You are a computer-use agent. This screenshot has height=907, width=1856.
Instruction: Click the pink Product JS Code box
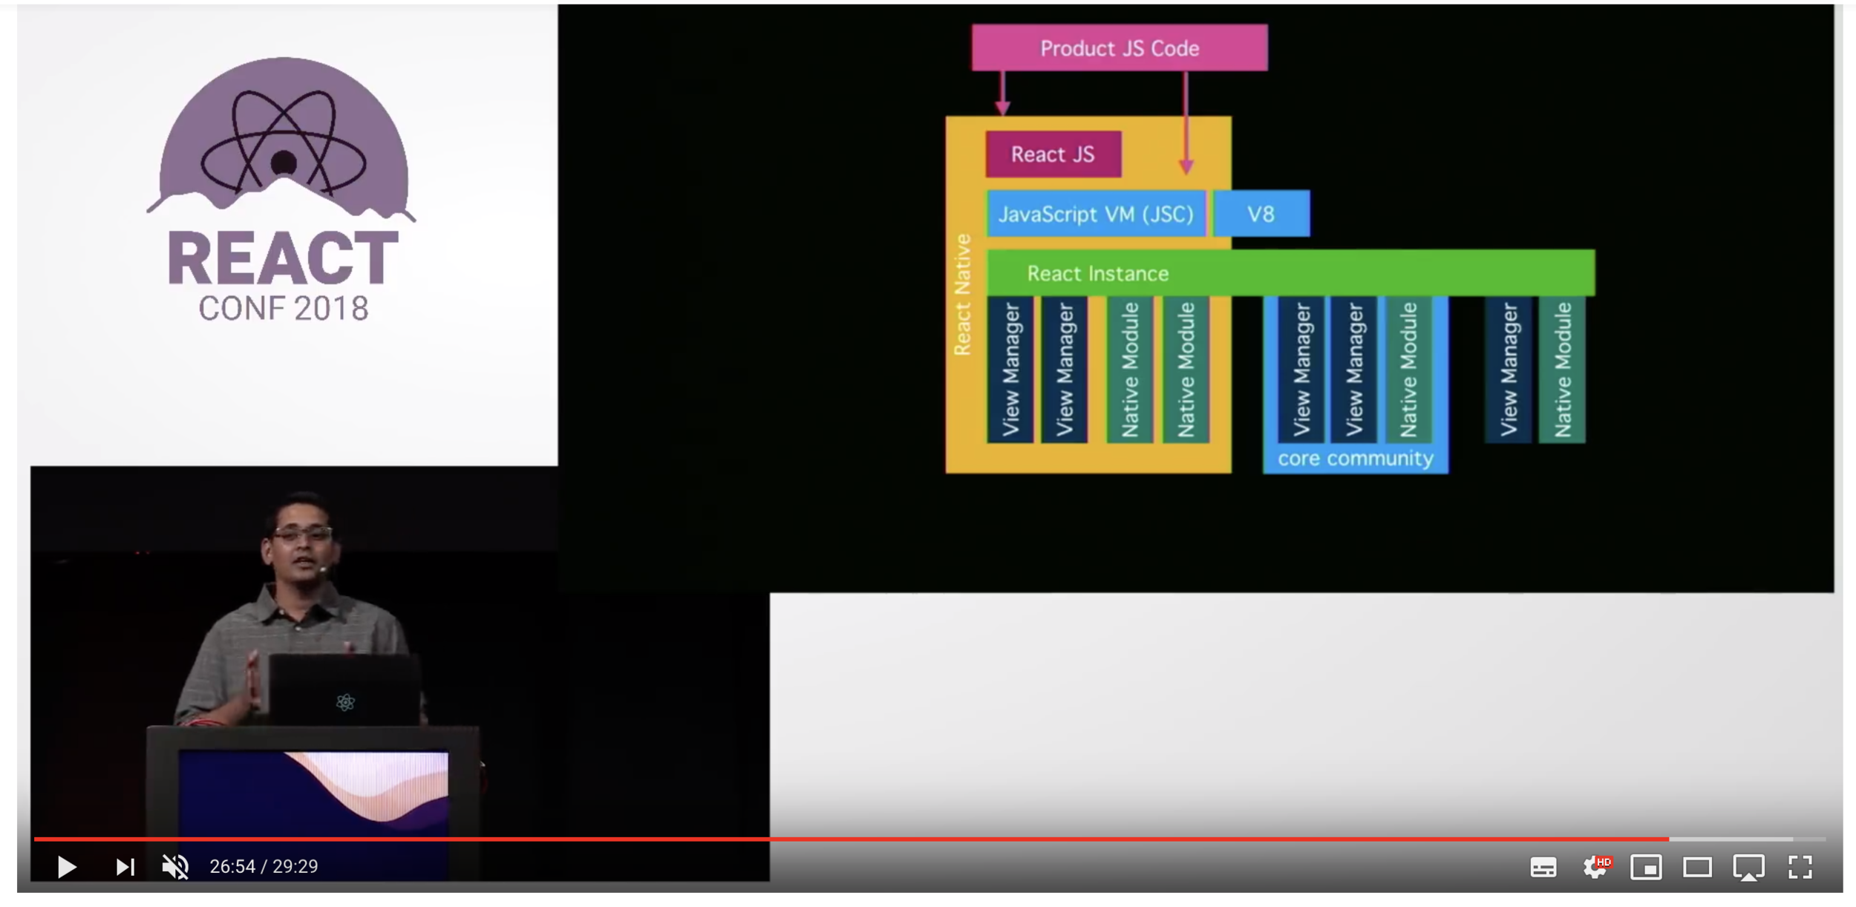click(1119, 48)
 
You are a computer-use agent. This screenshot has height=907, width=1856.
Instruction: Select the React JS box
click(1053, 154)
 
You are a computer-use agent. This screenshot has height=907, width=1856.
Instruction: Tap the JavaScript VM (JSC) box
click(1095, 215)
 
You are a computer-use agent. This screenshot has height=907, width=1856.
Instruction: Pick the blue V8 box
click(1261, 215)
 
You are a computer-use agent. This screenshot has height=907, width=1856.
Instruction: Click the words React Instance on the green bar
click(1097, 274)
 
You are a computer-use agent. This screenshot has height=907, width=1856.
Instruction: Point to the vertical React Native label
click(962, 295)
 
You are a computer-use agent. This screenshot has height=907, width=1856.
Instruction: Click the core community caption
click(1355, 459)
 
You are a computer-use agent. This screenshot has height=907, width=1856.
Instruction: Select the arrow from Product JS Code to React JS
click(1002, 94)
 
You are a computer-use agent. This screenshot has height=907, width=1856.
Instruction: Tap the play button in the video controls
click(67, 866)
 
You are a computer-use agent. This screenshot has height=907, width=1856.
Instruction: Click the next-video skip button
click(125, 866)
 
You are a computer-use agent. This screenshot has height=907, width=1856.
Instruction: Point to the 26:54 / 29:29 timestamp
click(264, 866)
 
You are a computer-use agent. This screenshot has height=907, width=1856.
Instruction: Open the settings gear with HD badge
click(1595, 866)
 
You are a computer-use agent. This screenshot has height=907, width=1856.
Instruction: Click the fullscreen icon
click(1800, 866)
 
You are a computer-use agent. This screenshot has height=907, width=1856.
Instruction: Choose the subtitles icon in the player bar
click(1543, 867)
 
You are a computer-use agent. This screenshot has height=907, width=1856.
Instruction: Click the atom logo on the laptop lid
click(345, 701)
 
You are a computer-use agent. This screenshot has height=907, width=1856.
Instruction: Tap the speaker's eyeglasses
click(301, 533)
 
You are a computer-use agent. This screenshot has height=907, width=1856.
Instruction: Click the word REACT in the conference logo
click(283, 258)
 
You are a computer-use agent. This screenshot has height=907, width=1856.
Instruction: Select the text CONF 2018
click(283, 309)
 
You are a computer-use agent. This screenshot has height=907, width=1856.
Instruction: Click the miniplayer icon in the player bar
click(1646, 866)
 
